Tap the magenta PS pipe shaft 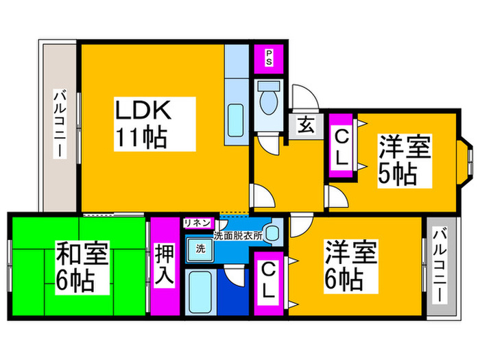point(269,59)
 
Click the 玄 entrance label point(306,125)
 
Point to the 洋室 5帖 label point(405,160)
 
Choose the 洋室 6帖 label point(351,266)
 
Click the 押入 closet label point(165,266)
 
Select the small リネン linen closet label point(197,223)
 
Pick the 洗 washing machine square point(200,249)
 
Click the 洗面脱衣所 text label point(238,236)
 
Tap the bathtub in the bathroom point(200,291)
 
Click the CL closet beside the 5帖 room point(341,145)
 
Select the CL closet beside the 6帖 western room point(269,283)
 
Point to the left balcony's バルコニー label point(60,123)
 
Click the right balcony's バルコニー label point(440,266)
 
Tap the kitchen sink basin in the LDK point(237,121)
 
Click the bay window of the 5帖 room point(464,163)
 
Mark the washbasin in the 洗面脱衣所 point(272,233)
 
